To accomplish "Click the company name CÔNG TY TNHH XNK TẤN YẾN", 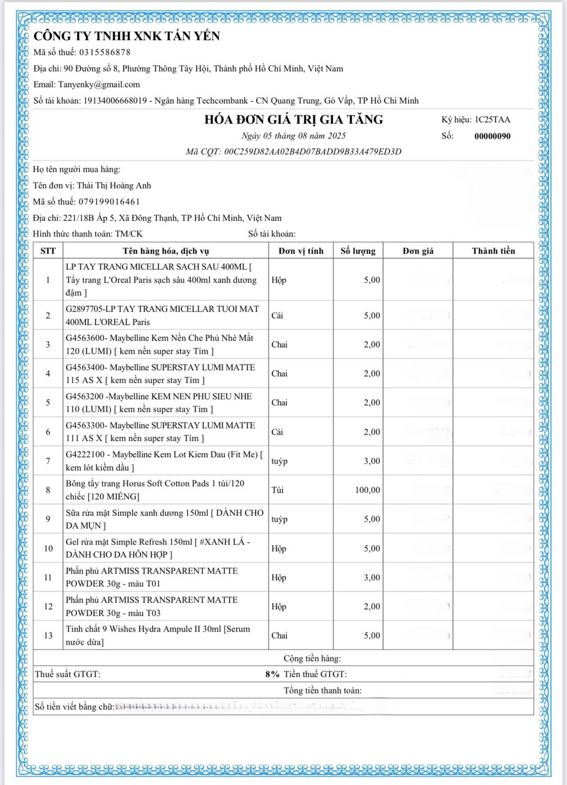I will coord(127,36).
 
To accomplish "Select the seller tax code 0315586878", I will coord(105,52).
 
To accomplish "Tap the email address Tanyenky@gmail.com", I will coord(99,84).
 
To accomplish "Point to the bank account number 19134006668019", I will coord(115,101).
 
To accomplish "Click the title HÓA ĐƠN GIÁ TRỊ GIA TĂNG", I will coord(294,120).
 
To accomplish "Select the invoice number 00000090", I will coord(492,136).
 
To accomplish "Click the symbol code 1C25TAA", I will coord(492,120).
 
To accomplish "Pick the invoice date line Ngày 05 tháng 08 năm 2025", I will coord(294,136).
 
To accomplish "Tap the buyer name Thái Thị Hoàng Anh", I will coord(114,185).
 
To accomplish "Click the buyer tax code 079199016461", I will coord(109,202).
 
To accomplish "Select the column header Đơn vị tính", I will coord(301,251).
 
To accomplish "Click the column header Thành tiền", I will coord(493,251).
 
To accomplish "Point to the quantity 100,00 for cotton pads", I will coord(367,490).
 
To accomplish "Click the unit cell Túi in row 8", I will coord(277,490).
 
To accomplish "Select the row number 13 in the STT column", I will coord(48,636).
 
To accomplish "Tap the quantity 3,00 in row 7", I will coord(371,461).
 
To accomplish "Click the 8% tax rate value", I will coord(272,674).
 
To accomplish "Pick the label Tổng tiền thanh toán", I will coord(323,691).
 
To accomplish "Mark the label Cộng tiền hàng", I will coord(312,658).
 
